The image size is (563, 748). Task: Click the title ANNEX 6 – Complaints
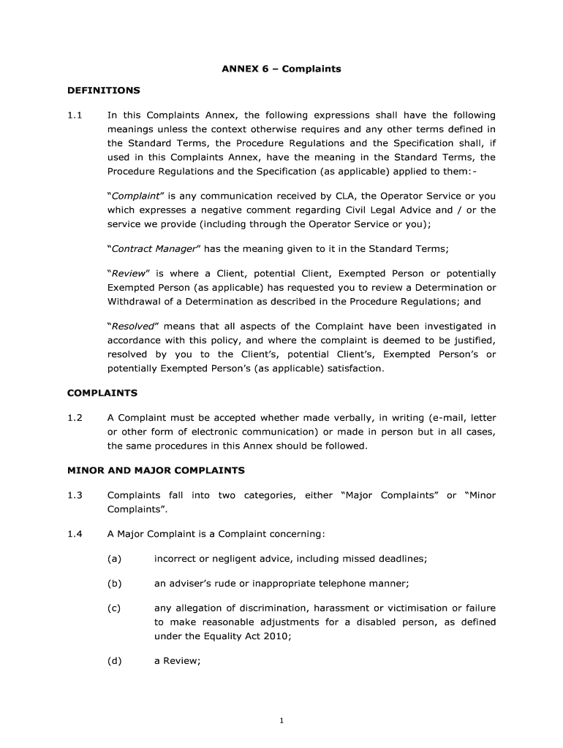281,69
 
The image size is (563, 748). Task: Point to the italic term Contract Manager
154,248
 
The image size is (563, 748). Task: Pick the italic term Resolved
132,326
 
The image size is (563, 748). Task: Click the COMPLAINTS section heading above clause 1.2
102,393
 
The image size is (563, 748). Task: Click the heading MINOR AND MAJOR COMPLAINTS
156,470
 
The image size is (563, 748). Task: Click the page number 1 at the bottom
281,721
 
